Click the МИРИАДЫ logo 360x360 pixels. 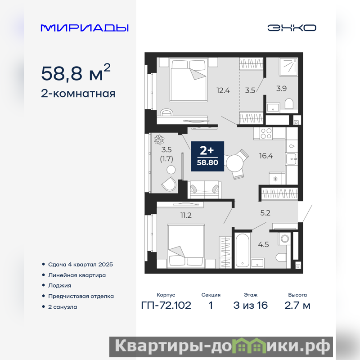pyautogui.click(x=85, y=28)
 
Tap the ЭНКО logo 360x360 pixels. pyautogui.click(x=292, y=28)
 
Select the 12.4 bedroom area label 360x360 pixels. pyautogui.click(x=223, y=90)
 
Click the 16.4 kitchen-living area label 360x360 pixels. pyautogui.click(x=266, y=156)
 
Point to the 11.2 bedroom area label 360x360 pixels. pyautogui.click(x=186, y=215)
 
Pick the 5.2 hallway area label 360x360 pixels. pyautogui.click(x=265, y=213)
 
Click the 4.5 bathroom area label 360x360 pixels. pyautogui.click(x=263, y=244)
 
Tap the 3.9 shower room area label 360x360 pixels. pyautogui.click(x=282, y=88)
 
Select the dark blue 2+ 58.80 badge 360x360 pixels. pyautogui.click(x=207, y=156)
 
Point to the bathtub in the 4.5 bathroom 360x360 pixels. pyautogui.click(x=242, y=250)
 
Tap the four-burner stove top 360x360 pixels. pyautogui.click(x=266, y=133)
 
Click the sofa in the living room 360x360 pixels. pyautogui.click(x=205, y=189)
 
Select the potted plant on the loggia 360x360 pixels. pyautogui.click(x=159, y=139)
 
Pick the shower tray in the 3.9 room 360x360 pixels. pyautogui.click(x=288, y=67)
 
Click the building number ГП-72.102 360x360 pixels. pyautogui.click(x=166, y=306)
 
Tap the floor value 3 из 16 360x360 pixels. pyautogui.click(x=251, y=306)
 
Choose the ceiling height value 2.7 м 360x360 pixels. pyautogui.click(x=297, y=306)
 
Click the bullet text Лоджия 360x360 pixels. pyautogui.click(x=59, y=286)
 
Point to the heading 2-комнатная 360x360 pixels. pyautogui.click(x=78, y=94)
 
